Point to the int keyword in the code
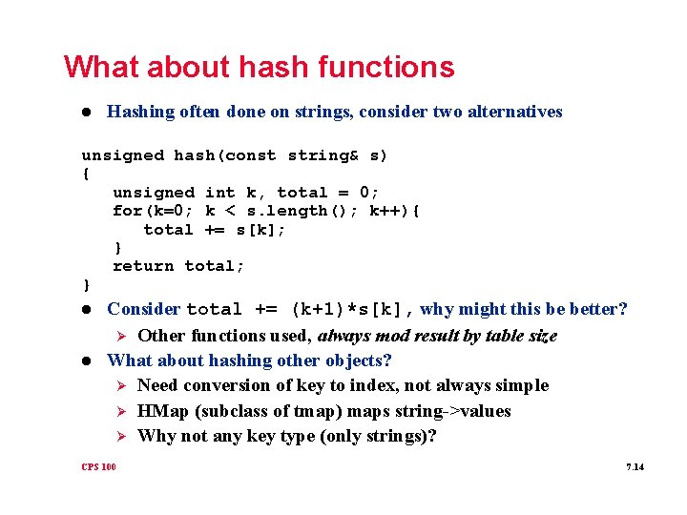click(220, 193)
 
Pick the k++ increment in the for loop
click(385, 211)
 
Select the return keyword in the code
click(143, 266)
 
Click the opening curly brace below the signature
click(86, 174)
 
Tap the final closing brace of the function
click(86, 284)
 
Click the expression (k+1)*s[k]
click(350, 309)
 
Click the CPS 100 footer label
click(98, 467)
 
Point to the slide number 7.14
click(635, 467)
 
